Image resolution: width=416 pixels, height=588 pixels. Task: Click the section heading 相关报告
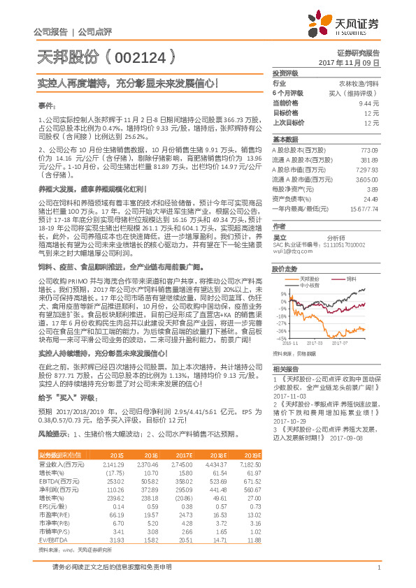coord(285,368)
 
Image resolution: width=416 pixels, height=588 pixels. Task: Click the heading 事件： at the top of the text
coord(47,104)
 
